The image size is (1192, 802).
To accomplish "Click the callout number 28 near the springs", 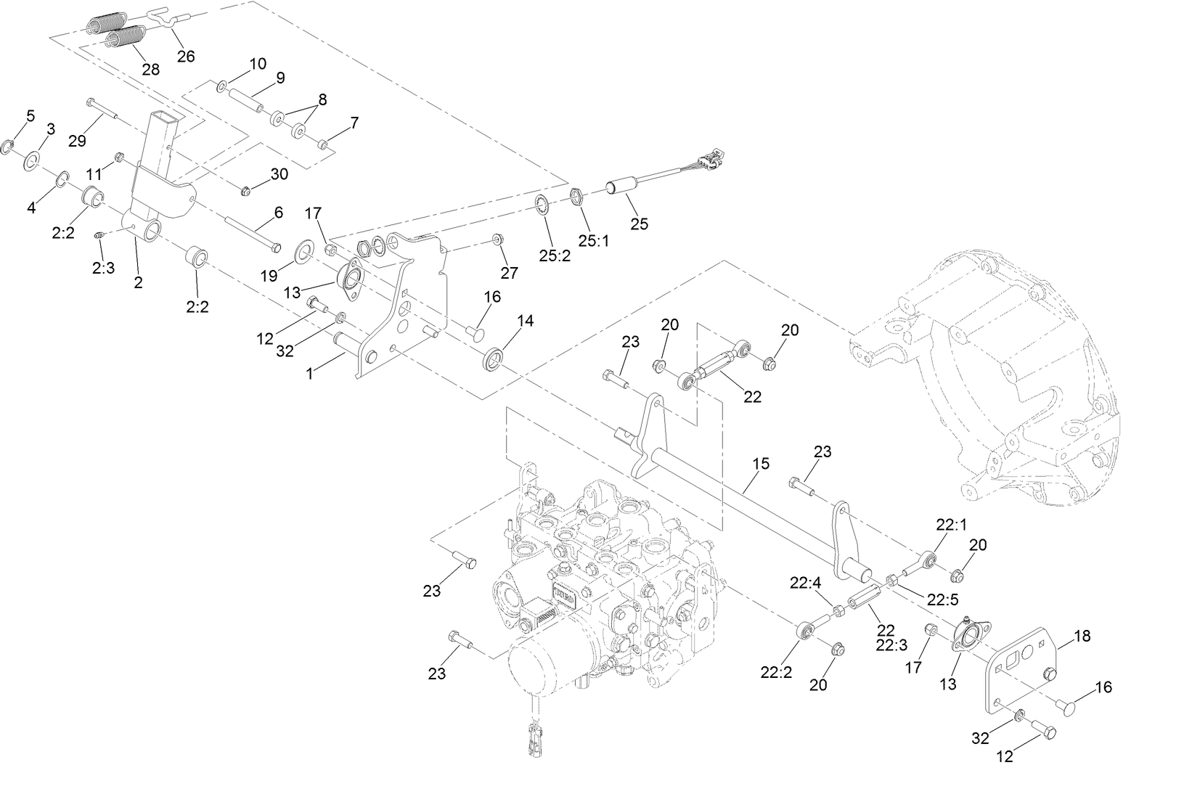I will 150,70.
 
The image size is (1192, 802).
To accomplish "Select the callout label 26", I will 186,57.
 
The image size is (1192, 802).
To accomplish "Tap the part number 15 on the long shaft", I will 761,463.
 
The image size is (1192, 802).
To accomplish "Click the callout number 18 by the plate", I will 1082,636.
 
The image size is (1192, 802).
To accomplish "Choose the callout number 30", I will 279,174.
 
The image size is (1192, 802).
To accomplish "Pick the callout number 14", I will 525,320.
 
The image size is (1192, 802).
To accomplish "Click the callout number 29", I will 77,141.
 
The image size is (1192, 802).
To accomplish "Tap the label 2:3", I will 103,268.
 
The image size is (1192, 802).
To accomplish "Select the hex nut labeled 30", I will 245,192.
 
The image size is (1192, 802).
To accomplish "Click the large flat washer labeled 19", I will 303,253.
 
